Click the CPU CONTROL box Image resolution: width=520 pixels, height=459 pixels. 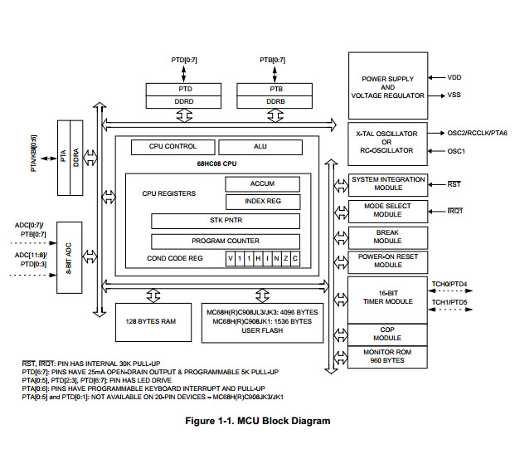(173, 146)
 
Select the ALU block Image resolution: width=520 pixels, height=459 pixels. (260, 146)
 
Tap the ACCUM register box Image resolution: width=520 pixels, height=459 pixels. (262, 183)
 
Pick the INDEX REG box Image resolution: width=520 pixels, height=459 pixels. (262, 202)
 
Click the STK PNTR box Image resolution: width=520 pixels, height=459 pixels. (225, 221)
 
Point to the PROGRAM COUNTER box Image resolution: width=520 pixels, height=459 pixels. (225, 241)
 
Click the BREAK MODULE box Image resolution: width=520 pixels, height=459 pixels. (387, 236)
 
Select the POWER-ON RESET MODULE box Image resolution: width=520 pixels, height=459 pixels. (387, 261)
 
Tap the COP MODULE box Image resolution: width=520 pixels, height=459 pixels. (387, 334)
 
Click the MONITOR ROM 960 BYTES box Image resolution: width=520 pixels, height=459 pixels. (387, 357)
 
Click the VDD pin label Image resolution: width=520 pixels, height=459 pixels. (454, 77)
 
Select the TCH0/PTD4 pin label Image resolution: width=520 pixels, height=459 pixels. (449, 284)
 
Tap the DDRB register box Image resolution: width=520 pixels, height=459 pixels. (275, 100)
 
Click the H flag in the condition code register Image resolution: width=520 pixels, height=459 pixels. (258, 259)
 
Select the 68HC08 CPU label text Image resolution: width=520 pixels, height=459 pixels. (216, 163)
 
